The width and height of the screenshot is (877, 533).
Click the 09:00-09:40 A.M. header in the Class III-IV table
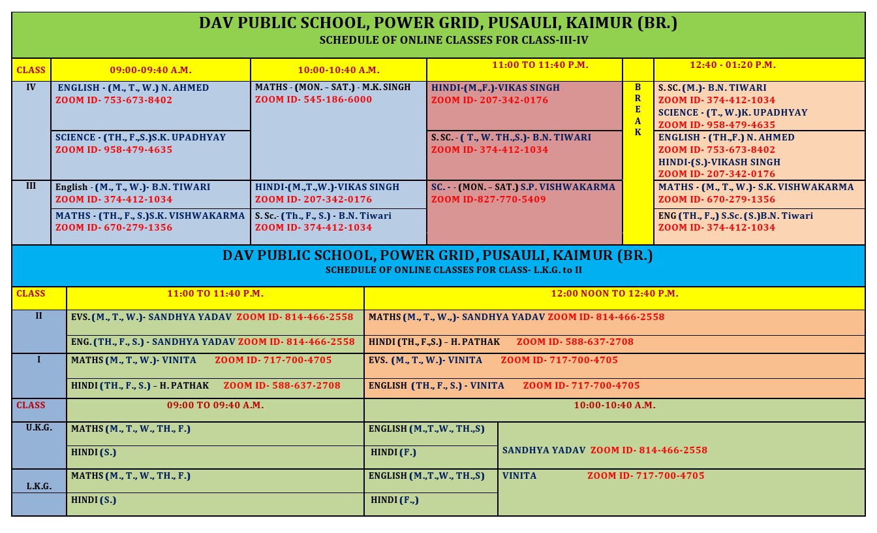tap(151, 69)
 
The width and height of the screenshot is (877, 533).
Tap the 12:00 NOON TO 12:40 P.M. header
tap(614, 294)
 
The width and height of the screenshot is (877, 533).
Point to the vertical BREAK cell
tap(638, 110)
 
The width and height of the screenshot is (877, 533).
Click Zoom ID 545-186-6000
tap(313, 100)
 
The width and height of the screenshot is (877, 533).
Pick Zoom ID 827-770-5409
tap(488, 199)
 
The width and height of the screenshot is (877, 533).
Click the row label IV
tap(31, 87)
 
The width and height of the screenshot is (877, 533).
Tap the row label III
tap(31, 186)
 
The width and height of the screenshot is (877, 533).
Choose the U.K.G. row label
tap(39, 428)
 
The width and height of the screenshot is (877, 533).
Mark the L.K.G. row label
tap(39, 487)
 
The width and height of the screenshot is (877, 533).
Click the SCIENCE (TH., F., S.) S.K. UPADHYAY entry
tap(140, 138)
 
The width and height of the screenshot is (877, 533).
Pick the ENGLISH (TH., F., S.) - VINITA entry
tap(436, 385)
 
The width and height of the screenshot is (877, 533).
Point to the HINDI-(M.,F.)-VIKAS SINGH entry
tap(495, 88)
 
